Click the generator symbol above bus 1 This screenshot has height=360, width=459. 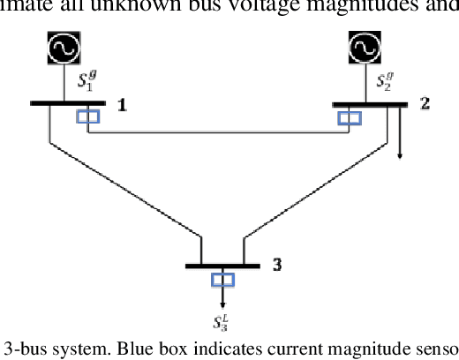(64, 50)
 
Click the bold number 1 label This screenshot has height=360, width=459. (123, 105)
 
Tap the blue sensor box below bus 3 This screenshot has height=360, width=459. (222, 280)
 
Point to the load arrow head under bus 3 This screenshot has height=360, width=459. (222, 303)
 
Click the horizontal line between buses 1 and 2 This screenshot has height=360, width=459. (221, 133)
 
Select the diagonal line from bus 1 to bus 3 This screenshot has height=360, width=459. (124, 186)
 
